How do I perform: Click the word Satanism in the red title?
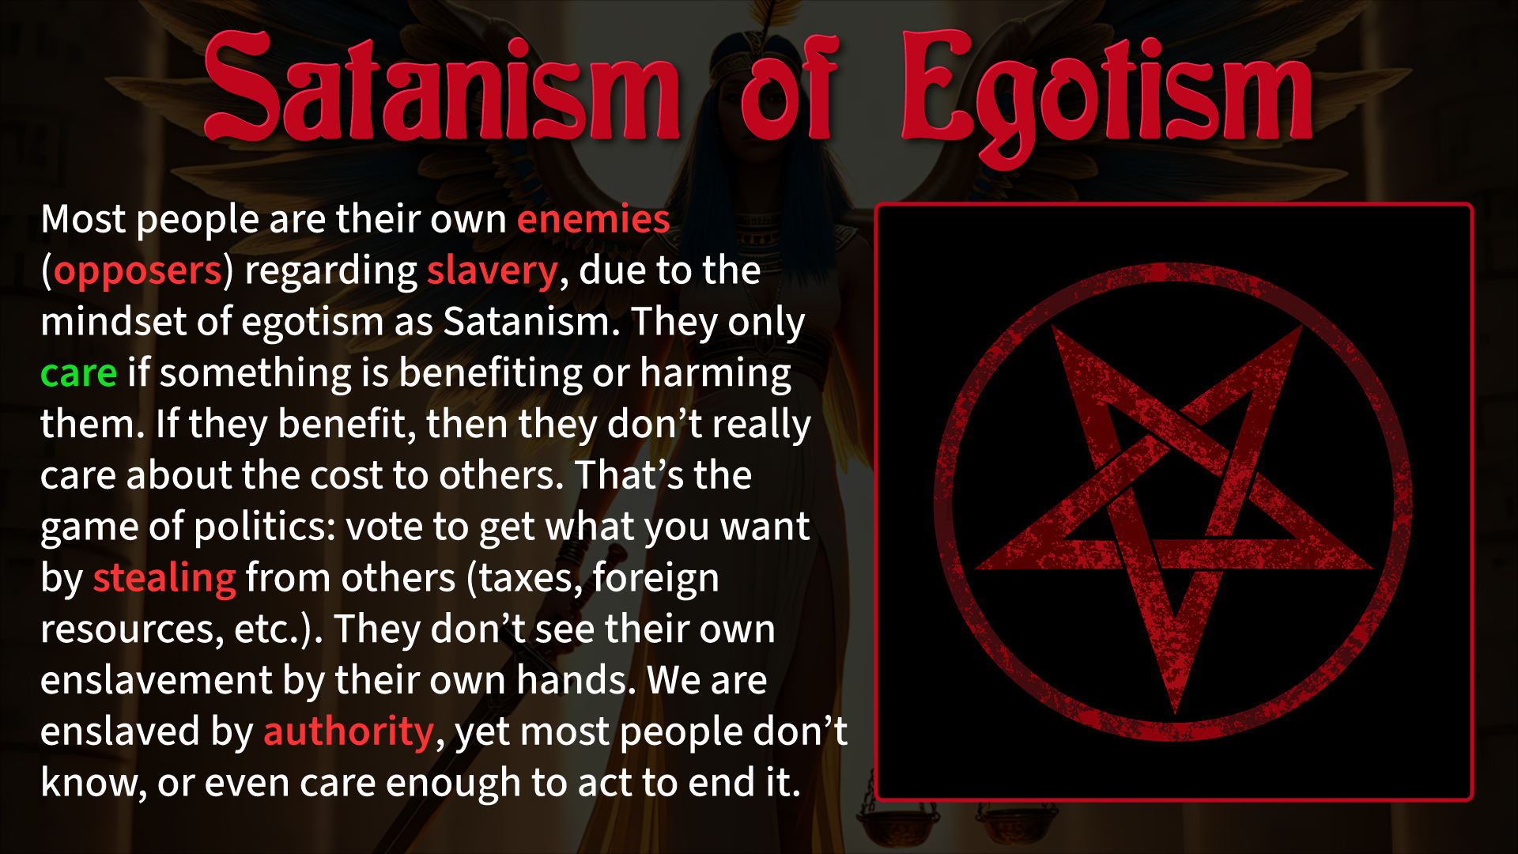tap(441, 87)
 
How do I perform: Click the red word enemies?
tap(593, 219)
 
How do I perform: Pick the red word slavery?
tap(493, 271)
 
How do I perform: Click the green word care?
tap(78, 373)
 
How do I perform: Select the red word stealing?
tap(164, 579)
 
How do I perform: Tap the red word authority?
tap(349, 732)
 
